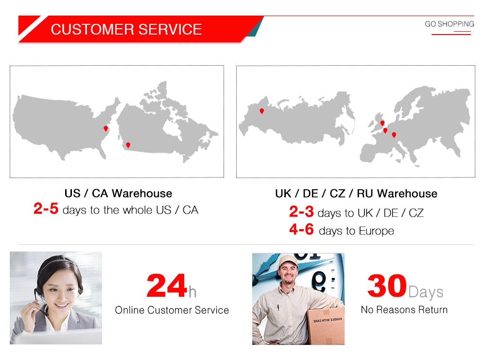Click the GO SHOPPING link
450,24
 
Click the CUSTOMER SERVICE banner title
126,30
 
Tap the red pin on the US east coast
105,128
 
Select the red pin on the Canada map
128,145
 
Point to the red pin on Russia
262,111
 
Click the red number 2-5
46,208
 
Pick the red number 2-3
301,212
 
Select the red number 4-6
301,229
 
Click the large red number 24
167,286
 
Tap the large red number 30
387,286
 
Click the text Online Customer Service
172,310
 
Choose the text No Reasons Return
404,309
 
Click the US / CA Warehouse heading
118,193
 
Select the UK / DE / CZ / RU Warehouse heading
356,194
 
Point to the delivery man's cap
288,261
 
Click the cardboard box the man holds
326,325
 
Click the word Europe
376,231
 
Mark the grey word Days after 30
426,292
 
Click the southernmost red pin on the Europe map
394,135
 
